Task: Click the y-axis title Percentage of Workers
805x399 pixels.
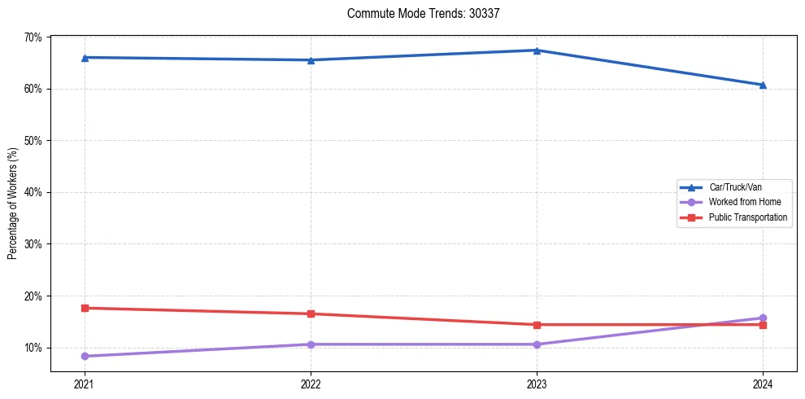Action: click(x=13, y=204)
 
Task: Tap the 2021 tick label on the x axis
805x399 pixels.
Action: click(x=85, y=384)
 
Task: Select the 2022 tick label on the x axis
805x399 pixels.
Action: click(x=311, y=384)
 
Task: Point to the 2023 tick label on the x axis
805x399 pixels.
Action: click(x=537, y=384)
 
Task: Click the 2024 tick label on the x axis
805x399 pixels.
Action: click(x=763, y=384)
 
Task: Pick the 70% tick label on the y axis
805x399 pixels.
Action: click(x=33, y=37)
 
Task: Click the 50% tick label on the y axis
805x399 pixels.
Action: click(x=33, y=141)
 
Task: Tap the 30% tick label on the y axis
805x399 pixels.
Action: click(x=33, y=244)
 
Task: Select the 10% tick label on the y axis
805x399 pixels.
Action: click(x=33, y=348)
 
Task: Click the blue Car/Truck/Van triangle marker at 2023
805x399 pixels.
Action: click(x=537, y=50)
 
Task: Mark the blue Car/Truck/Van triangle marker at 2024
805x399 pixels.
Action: click(x=763, y=85)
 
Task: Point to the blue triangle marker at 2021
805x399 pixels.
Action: click(x=85, y=57)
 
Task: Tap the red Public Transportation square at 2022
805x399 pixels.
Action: click(x=311, y=313)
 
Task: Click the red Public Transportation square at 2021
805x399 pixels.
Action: click(x=85, y=308)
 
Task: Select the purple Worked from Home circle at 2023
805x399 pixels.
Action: click(x=537, y=344)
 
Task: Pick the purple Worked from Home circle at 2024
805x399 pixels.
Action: click(x=763, y=318)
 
